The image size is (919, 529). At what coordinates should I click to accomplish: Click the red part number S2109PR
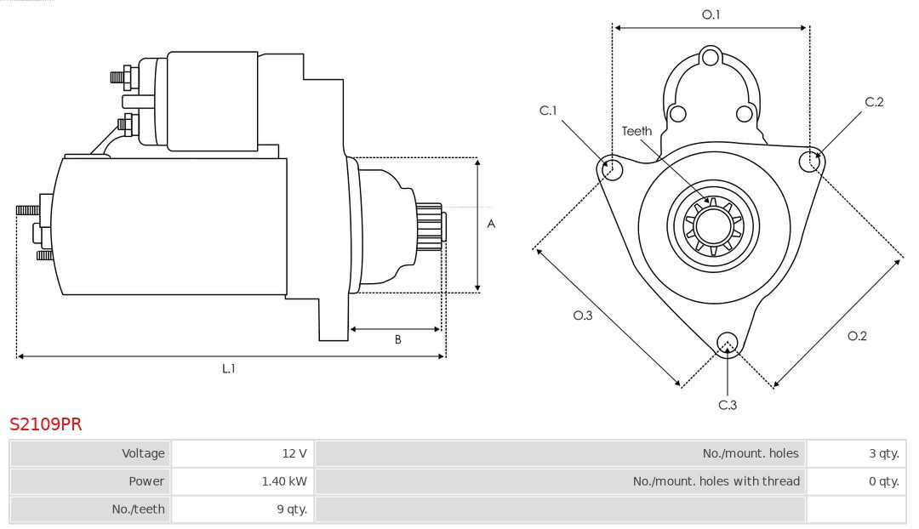tap(46, 424)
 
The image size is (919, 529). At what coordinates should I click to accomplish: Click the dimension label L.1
tap(229, 368)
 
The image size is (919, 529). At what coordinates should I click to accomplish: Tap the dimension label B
tap(397, 340)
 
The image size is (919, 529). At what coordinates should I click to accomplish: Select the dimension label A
tap(491, 225)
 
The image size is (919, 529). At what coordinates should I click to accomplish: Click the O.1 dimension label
tap(711, 14)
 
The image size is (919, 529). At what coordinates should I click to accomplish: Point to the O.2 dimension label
tap(857, 336)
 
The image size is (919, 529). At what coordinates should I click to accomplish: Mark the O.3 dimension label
tap(582, 316)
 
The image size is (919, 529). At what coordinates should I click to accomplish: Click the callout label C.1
tap(548, 111)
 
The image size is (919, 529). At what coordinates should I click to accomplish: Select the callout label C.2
tap(874, 102)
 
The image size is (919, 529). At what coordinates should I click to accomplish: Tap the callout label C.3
tap(728, 405)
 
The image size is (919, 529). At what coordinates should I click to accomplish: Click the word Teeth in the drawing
tap(636, 131)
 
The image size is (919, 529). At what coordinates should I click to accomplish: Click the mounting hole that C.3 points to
tap(727, 343)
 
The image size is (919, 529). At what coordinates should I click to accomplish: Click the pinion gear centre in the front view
tap(713, 225)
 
